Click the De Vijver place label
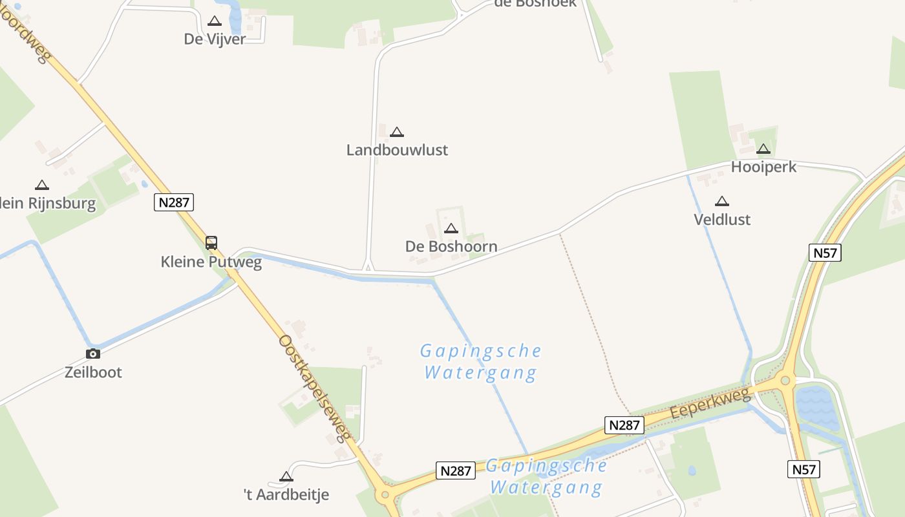215,39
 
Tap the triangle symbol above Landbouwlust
397,132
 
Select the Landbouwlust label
397,150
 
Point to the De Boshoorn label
451,246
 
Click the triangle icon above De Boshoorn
451,228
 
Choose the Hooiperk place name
763,167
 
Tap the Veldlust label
722,220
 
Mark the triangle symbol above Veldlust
722,201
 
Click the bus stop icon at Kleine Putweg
211,243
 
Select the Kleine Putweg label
211,262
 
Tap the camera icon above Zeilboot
93,353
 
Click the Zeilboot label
93,372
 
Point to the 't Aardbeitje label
286,495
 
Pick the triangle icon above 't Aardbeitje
286,477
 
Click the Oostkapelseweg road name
315,388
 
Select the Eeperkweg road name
710,403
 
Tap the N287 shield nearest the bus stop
174,202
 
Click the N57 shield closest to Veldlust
825,253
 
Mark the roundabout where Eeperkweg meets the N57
786,381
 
